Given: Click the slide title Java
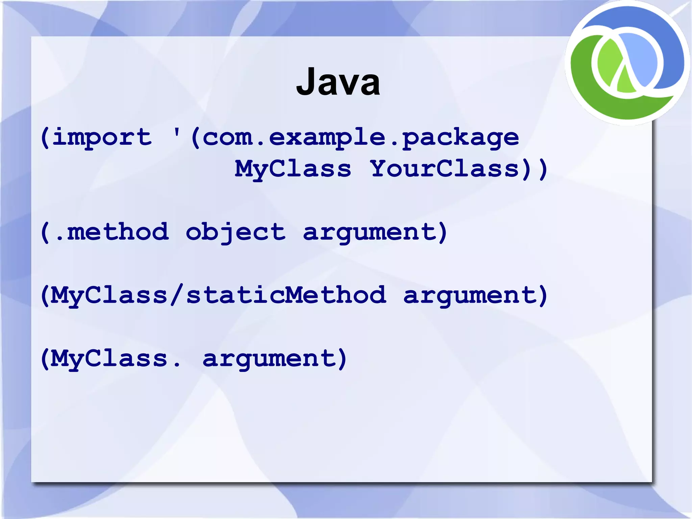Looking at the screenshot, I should (x=338, y=82).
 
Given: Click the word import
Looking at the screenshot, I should (x=102, y=138).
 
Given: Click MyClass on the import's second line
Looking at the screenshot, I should (x=293, y=169).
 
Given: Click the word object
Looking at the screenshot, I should (x=236, y=232).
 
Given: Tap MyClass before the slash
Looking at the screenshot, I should (x=109, y=295).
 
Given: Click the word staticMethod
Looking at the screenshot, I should (x=286, y=295).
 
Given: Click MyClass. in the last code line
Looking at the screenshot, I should (x=115, y=358).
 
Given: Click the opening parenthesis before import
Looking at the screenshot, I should (x=45, y=138).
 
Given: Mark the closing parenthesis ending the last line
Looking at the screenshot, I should (x=342, y=358).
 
